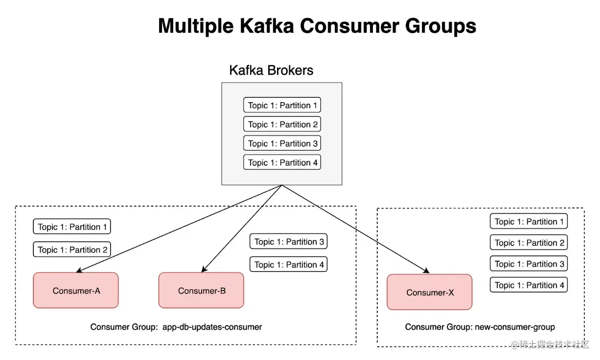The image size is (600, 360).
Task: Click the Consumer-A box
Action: pos(76,290)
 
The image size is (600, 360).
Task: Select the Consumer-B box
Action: pos(201,290)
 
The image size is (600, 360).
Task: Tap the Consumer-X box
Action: pos(430,292)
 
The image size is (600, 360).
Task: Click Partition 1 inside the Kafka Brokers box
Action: pos(282,105)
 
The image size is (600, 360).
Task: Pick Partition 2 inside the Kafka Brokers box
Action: pos(282,124)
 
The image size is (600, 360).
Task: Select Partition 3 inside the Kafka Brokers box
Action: pos(282,143)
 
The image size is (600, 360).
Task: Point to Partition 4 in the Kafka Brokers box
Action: pos(282,162)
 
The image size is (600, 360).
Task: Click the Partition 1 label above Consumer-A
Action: pos(72,227)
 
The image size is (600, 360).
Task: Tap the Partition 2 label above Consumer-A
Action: pos(72,249)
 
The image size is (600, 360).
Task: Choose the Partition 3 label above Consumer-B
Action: pos(288,242)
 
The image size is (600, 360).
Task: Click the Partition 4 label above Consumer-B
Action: pos(288,265)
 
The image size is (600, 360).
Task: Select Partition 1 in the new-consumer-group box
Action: pos(529,222)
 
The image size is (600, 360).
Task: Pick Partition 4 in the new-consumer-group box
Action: pos(529,285)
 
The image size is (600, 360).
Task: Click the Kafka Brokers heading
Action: pos(271,70)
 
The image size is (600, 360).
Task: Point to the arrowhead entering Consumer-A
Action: pos(79,270)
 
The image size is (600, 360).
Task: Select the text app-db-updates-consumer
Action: pos(212,327)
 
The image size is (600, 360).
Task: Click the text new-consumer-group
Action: pos(515,327)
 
